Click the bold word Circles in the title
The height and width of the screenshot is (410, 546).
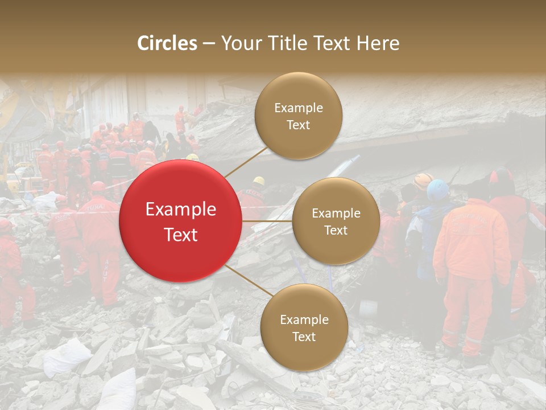(167, 43)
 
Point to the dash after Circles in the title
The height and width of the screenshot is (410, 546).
(209, 44)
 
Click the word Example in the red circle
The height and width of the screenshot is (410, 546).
(181, 210)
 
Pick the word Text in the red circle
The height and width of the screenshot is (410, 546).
(181, 235)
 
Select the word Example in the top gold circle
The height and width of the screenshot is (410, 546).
(299, 108)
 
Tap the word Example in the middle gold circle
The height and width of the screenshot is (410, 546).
(336, 213)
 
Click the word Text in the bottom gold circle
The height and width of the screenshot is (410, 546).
(304, 337)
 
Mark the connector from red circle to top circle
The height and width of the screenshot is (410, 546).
(246, 161)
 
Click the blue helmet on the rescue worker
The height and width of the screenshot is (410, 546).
(438, 190)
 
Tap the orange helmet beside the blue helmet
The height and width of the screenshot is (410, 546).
(423, 181)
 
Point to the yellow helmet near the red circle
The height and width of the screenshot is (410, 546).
(259, 181)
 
